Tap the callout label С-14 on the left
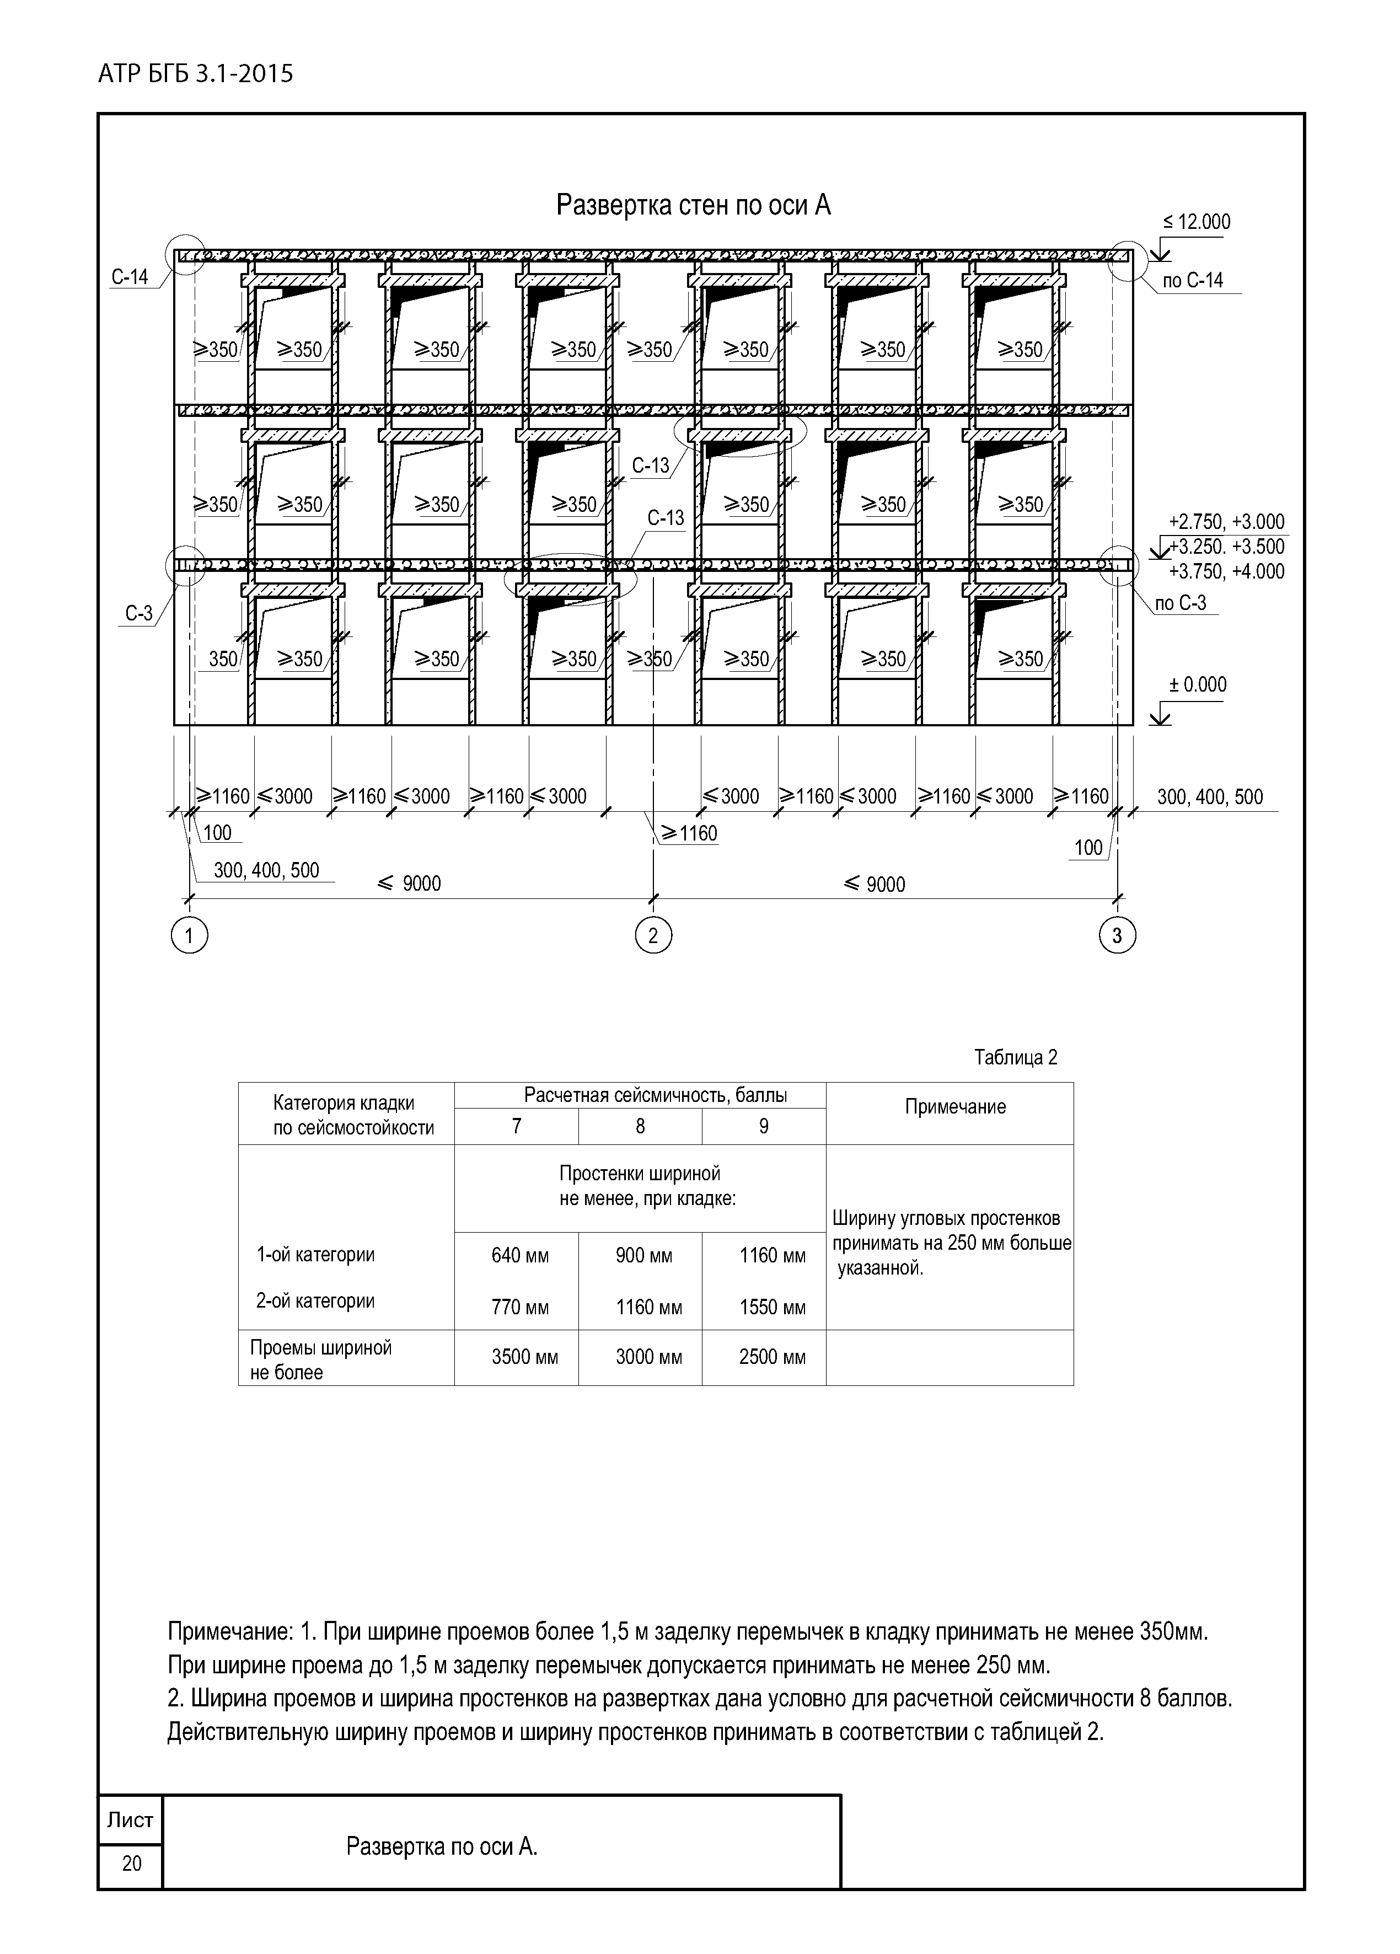130,276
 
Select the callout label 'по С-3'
1181,603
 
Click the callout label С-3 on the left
139,613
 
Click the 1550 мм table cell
772,1308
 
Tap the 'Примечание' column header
954,1107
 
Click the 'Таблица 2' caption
1015,1058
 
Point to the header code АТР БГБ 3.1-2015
196,74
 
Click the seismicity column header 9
763,1126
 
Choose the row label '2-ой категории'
315,1301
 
